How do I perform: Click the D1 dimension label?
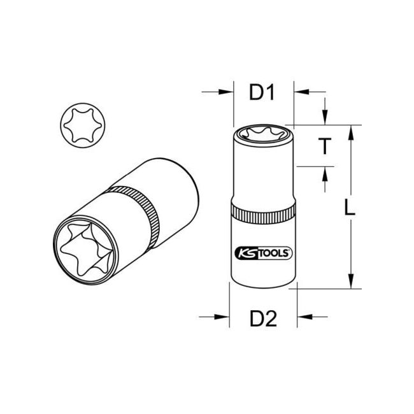[x=261, y=93]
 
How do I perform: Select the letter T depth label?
[x=324, y=147]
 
